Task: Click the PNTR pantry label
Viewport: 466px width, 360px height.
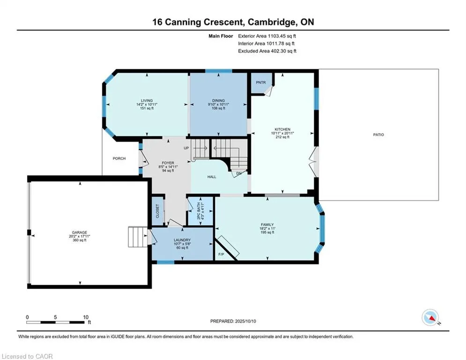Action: tap(261, 82)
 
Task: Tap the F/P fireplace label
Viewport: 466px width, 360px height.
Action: tap(221, 255)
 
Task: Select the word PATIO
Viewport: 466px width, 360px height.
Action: tap(378, 135)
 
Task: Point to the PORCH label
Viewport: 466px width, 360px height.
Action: tap(119, 158)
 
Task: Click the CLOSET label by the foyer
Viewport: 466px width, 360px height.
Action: tap(158, 210)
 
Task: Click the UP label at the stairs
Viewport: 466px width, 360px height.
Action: tap(186, 148)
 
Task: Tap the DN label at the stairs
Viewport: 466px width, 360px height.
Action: tap(239, 173)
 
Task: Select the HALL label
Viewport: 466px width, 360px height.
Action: tap(212, 177)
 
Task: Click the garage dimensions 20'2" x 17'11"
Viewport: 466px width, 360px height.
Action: tap(80, 236)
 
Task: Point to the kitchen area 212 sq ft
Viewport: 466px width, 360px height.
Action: tap(282, 137)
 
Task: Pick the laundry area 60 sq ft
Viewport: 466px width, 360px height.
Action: tap(182, 247)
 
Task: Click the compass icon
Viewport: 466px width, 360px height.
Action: tap(430, 317)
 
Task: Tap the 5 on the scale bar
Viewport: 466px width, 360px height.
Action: tap(55, 317)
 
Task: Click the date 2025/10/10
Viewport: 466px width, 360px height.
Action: tap(245, 321)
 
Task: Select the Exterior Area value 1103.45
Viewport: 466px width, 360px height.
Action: tap(276, 36)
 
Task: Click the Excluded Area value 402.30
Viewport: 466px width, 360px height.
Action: tap(279, 51)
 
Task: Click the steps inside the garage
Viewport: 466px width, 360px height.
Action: tap(138, 237)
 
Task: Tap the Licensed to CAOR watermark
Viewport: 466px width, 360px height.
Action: tap(27, 356)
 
